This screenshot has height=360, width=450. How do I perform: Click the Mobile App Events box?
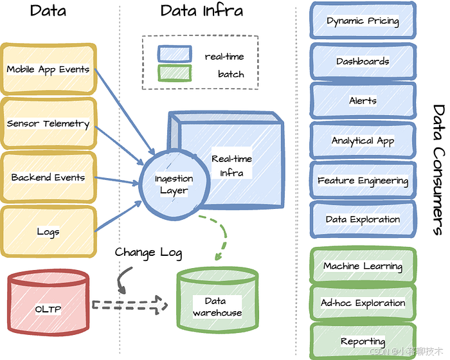[48, 69]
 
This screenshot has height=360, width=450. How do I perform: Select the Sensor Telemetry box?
[48, 123]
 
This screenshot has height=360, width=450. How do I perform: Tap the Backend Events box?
[48, 177]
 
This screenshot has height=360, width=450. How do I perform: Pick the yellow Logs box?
[48, 231]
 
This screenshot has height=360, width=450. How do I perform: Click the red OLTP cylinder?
[48, 309]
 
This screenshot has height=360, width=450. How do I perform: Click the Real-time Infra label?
[231, 165]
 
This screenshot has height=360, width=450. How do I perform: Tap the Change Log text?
[148, 252]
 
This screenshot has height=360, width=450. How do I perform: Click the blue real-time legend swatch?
[174, 55]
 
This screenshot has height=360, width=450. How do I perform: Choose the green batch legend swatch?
[174, 74]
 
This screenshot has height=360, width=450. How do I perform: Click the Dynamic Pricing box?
[363, 21]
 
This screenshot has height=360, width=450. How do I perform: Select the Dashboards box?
[363, 62]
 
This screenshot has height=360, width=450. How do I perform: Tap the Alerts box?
[363, 101]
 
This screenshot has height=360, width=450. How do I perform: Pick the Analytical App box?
[363, 141]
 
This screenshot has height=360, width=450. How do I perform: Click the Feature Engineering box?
[363, 181]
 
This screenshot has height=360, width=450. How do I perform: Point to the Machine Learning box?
[363, 266]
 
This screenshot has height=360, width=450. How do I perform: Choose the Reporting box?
[363, 341]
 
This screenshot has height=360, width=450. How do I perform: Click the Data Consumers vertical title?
[437, 170]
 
